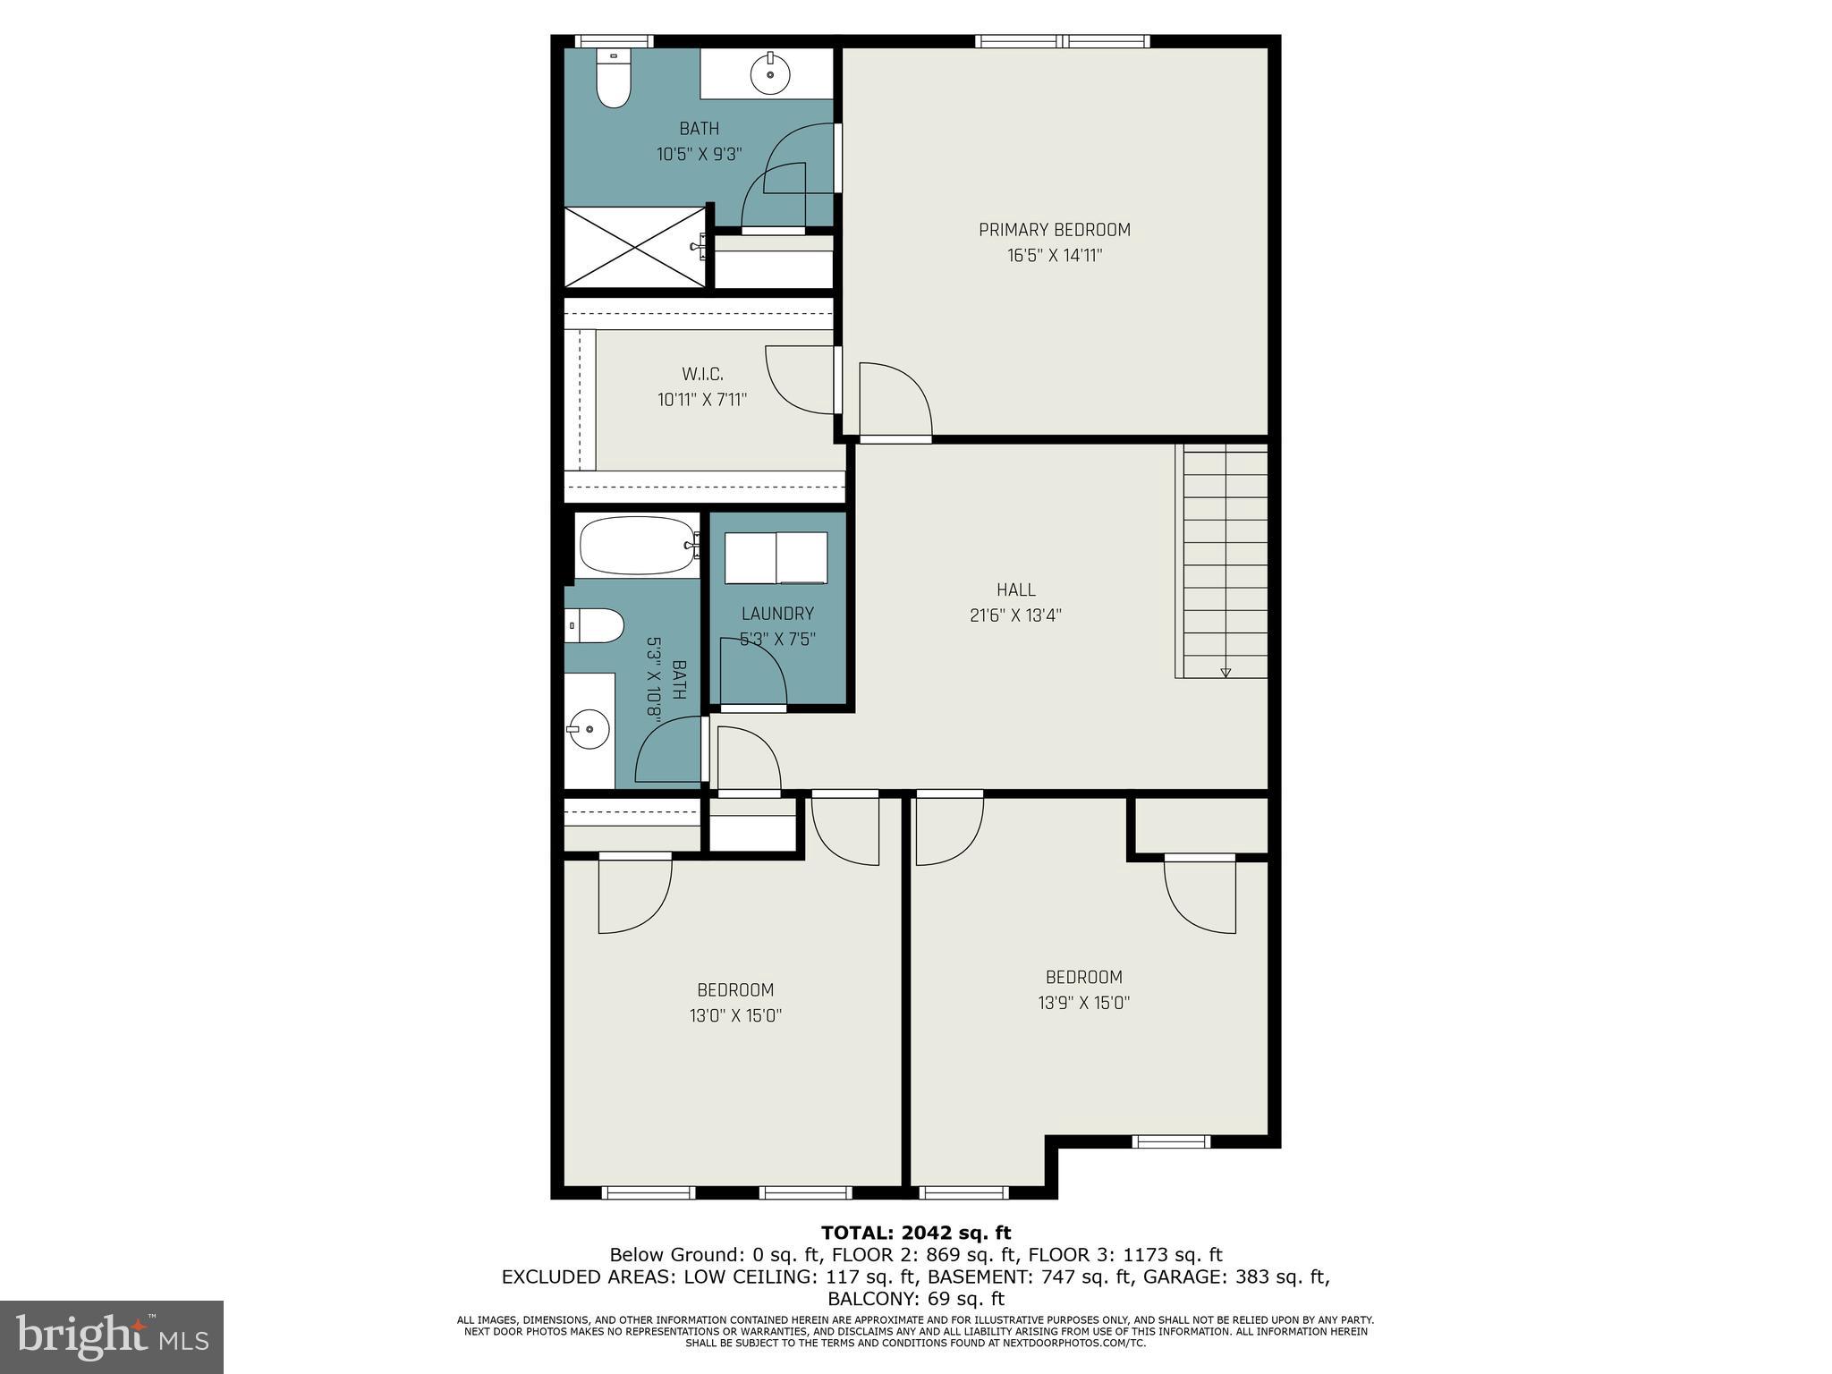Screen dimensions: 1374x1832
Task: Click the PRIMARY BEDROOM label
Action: click(1054, 230)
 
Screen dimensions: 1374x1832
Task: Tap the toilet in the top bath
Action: click(614, 81)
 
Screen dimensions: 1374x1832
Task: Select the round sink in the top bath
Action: click(768, 72)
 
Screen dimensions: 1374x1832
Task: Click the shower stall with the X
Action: click(634, 248)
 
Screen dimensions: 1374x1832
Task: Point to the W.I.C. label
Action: click(702, 374)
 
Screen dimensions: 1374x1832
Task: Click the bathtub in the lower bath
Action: click(637, 546)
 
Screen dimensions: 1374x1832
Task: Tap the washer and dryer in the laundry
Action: click(776, 557)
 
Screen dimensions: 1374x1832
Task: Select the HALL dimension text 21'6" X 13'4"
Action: click(1015, 615)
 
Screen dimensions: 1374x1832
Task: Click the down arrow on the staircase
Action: click(1226, 672)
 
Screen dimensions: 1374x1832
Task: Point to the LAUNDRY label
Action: click(777, 614)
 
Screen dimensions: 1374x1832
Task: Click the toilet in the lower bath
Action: click(596, 625)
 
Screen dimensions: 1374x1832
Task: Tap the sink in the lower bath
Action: click(589, 730)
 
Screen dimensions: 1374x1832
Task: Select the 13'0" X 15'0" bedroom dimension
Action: click(735, 1015)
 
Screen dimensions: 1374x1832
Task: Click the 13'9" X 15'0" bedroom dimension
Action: click(1083, 1003)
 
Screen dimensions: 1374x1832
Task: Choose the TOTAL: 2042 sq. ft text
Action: click(915, 1234)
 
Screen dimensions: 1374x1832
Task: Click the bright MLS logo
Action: click(112, 1336)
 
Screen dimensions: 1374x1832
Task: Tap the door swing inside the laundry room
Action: click(752, 675)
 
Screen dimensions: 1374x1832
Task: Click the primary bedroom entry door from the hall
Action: click(895, 400)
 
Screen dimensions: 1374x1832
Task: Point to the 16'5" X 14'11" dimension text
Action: click(1054, 256)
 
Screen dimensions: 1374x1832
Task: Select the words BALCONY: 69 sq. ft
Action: click(915, 1299)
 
